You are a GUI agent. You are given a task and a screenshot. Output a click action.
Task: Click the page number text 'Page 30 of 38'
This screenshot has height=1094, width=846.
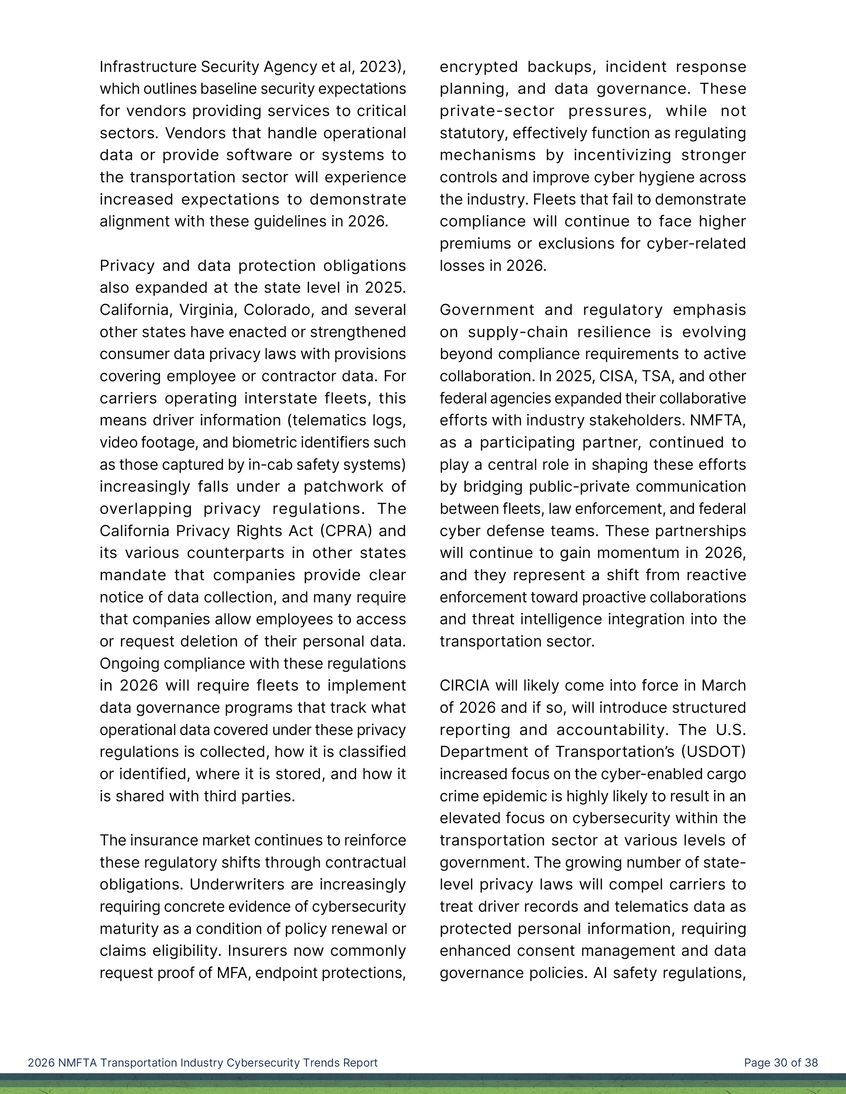tap(780, 1063)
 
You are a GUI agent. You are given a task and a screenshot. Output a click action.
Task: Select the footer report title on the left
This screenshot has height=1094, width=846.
tap(202, 1063)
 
